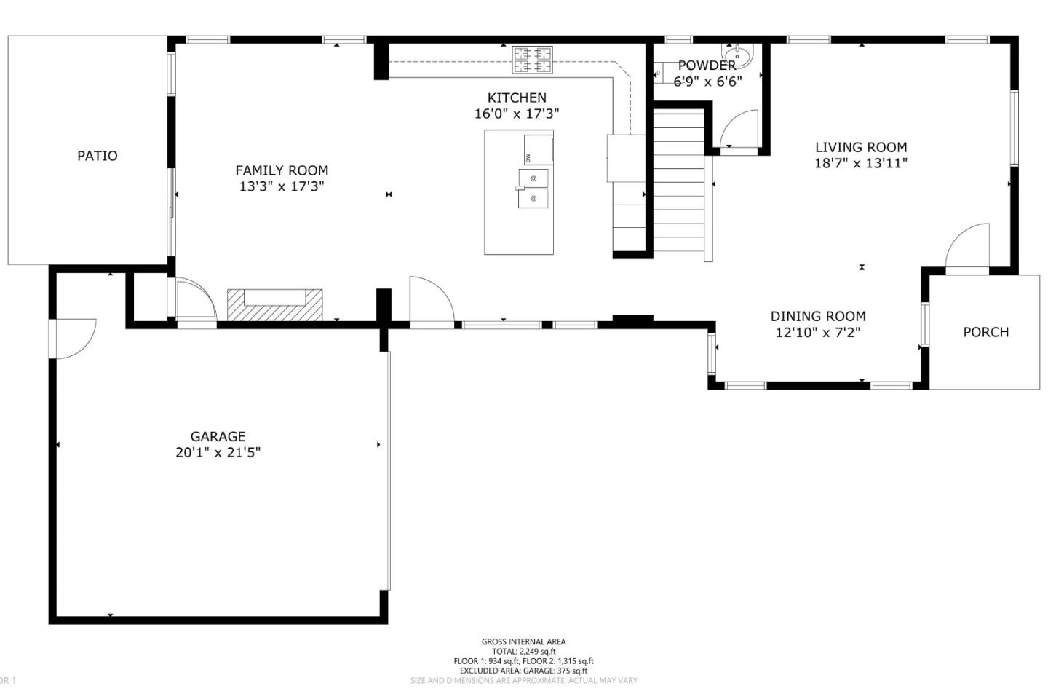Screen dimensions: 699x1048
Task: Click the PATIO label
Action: coord(97,156)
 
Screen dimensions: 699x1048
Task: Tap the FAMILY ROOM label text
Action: coord(282,170)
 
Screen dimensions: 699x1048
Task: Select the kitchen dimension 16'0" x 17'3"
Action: coord(517,114)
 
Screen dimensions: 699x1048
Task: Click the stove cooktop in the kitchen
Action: coord(533,60)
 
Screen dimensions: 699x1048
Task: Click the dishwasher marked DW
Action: coord(538,150)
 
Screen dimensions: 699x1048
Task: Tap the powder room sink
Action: coord(737,54)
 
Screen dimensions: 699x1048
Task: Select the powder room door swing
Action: coord(740,130)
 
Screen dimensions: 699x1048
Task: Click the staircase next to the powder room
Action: coord(678,182)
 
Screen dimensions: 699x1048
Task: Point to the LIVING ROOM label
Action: coord(861,147)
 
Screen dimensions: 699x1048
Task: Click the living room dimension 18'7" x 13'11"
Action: coord(861,163)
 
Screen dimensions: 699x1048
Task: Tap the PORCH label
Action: coord(985,332)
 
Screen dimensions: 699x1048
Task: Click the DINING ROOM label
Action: coord(818,316)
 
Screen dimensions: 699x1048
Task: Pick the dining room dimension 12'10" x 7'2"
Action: coord(818,333)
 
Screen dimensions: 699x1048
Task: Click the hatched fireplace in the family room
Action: coord(275,304)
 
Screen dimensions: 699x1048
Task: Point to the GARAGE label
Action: coord(218,436)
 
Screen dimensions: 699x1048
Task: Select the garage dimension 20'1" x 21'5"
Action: coord(218,452)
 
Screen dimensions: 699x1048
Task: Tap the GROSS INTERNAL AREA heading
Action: coord(523,641)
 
